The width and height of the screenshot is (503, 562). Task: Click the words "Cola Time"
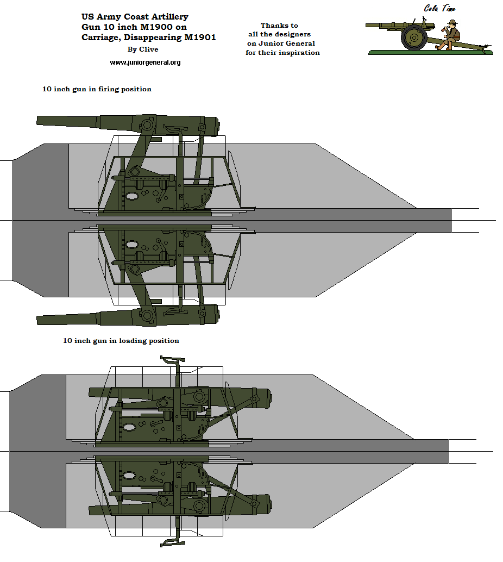tap(439, 8)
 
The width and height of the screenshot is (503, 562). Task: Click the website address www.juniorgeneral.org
tap(145, 63)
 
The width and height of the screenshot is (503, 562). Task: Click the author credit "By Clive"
tap(143, 49)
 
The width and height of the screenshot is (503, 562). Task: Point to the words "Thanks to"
tap(279, 26)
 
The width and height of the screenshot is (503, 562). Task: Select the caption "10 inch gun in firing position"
tap(97, 89)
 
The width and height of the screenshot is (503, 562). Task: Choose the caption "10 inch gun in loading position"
tap(121, 341)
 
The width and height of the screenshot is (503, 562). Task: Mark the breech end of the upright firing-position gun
tap(216, 127)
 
